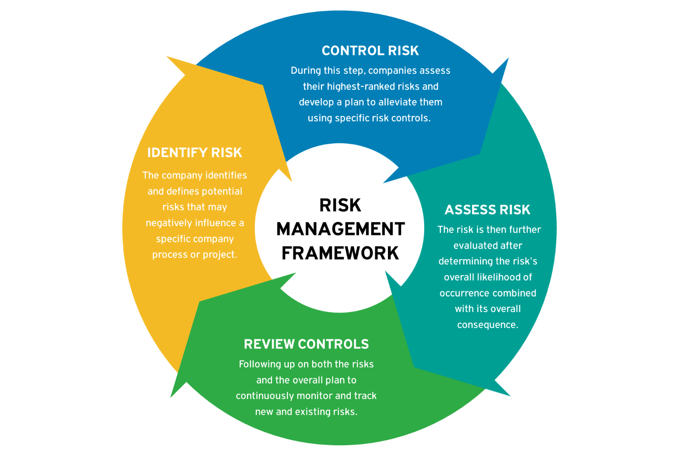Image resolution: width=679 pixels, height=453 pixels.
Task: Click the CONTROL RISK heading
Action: pos(370,51)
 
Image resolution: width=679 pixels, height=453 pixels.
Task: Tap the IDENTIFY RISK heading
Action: pos(195,153)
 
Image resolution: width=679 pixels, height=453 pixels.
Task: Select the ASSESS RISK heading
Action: pos(488,210)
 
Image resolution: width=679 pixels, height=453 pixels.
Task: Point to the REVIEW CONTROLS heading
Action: pos(306,344)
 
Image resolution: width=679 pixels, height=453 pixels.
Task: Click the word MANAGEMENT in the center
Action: pos(340,229)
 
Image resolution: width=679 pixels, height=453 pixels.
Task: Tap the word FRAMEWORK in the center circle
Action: pos(340,253)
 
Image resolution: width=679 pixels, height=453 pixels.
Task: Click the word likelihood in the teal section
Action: pos(499,277)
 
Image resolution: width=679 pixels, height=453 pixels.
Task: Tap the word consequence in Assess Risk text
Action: pos(488,325)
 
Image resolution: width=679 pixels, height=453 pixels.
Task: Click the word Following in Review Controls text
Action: pos(260,364)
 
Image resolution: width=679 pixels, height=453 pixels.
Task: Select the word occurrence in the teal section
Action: pos(462,293)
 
